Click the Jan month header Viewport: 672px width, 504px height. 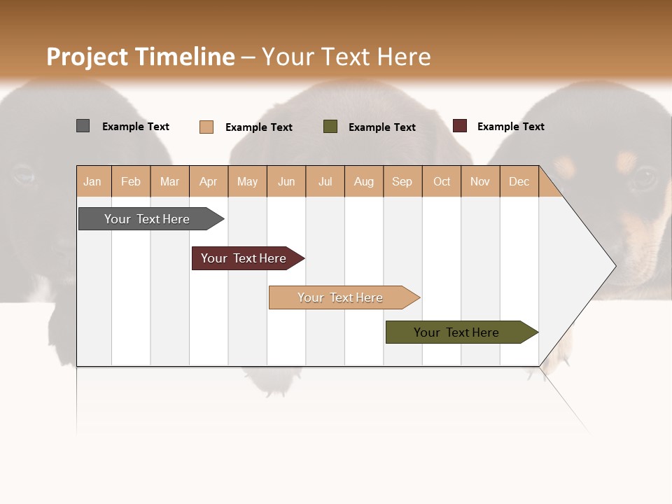(x=92, y=182)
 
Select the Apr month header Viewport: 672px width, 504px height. (x=208, y=182)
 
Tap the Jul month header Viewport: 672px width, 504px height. (x=325, y=182)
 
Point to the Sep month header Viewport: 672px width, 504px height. (x=402, y=182)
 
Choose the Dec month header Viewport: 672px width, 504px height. (x=519, y=182)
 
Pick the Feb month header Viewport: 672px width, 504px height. (x=131, y=182)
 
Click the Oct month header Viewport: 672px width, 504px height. (x=442, y=182)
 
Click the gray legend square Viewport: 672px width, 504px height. (x=83, y=126)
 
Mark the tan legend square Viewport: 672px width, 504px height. (x=206, y=127)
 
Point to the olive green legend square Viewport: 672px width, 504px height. (x=330, y=127)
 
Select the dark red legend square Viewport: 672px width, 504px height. (x=460, y=126)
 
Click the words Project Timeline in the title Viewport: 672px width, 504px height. (x=141, y=57)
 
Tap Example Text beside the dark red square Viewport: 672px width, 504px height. (x=511, y=127)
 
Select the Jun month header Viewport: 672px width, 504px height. (x=286, y=182)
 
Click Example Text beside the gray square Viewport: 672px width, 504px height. (x=136, y=127)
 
